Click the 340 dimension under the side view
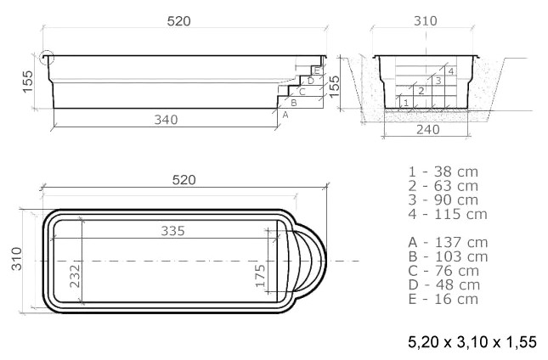point(167,120)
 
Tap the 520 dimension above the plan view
point(184,179)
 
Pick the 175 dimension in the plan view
point(262,274)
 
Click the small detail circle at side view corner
point(46,59)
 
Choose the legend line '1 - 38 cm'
point(443,172)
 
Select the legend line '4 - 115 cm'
point(447,214)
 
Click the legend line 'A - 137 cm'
point(448,242)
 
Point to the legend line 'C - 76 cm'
point(443,270)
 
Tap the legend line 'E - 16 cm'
point(443,299)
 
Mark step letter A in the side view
point(285,113)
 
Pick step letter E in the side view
point(317,70)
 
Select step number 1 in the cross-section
point(407,103)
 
